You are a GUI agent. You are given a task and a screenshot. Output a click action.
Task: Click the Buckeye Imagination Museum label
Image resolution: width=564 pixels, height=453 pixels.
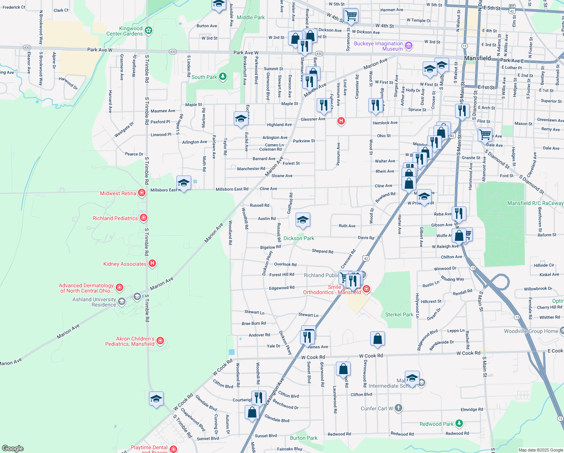(378, 46)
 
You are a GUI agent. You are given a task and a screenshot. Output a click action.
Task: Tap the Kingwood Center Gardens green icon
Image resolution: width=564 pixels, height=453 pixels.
(149, 30)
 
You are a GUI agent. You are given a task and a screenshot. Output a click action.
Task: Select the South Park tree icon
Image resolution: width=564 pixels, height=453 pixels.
(223, 77)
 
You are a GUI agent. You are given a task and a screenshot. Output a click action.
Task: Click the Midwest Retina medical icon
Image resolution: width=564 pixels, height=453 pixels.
(142, 193)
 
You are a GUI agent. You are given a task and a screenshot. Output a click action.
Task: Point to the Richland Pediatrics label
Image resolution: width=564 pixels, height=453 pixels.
(115, 218)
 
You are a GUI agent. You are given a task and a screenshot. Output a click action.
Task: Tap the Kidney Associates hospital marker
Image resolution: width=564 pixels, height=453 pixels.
(152, 263)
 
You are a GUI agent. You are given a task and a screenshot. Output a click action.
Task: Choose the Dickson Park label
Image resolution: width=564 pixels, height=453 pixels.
(299, 238)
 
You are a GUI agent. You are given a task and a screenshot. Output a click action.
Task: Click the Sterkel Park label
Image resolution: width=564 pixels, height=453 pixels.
(399, 314)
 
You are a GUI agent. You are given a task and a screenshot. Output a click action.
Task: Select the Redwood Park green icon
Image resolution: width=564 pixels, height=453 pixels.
(459, 424)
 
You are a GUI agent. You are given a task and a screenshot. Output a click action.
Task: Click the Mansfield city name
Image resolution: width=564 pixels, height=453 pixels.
(477, 58)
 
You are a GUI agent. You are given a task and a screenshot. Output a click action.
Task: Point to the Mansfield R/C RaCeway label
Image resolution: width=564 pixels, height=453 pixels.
(535, 203)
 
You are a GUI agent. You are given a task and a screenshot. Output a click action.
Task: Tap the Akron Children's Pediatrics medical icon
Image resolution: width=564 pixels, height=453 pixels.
(160, 341)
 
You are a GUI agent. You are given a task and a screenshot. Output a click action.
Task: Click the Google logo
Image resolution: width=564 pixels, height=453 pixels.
(12, 448)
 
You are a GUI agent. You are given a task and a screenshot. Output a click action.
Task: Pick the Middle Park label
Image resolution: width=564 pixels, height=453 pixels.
(251, 17)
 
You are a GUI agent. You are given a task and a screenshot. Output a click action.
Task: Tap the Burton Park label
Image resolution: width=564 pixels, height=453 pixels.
(303, 438)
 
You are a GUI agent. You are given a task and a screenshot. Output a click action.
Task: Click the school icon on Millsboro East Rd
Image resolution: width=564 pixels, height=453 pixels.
(184, 183)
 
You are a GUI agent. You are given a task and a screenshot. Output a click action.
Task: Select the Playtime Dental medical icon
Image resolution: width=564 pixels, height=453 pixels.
(173, 449)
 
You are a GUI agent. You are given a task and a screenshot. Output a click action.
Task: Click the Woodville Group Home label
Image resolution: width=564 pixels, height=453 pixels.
(531, 331)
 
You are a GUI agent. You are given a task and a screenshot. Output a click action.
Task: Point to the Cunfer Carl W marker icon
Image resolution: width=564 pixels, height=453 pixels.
(398, 408)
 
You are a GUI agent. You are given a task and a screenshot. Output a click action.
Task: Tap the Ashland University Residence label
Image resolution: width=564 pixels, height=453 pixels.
(94, 302)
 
